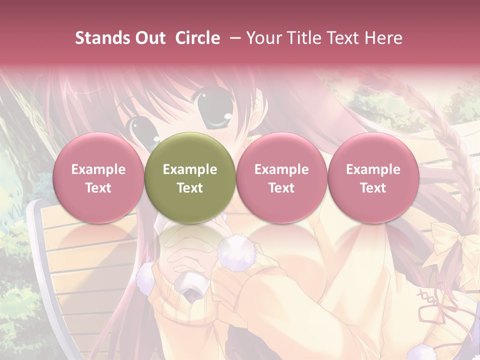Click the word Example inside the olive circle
point(190,169)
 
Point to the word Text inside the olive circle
point(190,188)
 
